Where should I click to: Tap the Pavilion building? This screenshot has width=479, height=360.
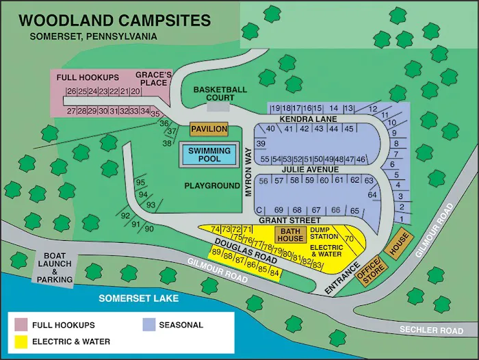pos(209,129)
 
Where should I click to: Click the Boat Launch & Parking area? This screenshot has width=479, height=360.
pos(55,267)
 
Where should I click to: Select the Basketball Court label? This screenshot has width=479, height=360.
pos(220,94)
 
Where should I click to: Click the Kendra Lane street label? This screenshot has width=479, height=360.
pos(308,119)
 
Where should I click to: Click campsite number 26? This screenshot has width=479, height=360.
pos(70,92)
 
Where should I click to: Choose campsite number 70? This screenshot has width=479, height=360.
pos(349,238)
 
